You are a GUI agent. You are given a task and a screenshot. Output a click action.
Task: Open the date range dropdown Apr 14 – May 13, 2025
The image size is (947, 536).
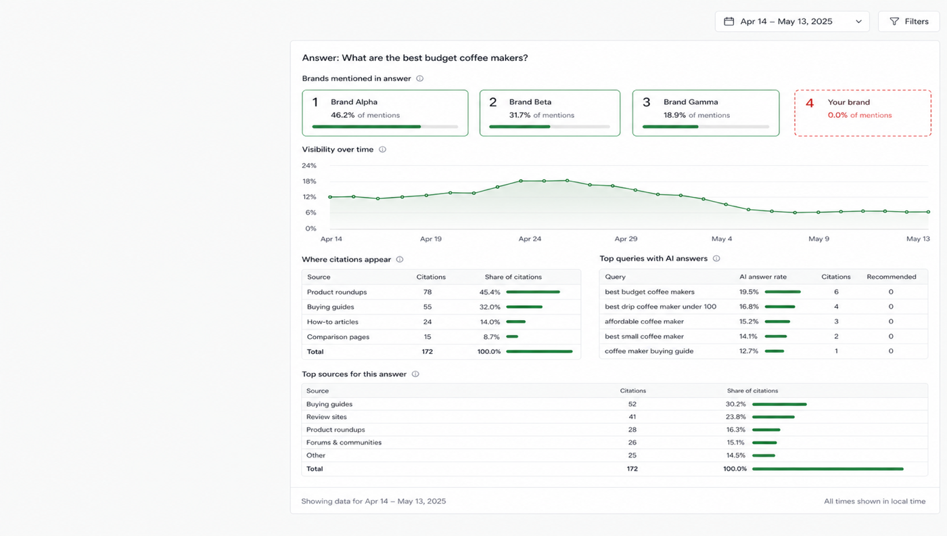(x=792, y=22)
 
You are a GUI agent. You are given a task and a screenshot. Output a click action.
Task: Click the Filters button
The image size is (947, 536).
(x=908, y=22)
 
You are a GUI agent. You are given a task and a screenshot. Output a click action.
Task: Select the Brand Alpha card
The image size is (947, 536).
(x=385, y=113)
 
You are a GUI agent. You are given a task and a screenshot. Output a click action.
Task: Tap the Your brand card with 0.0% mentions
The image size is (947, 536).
(x=862, y=113)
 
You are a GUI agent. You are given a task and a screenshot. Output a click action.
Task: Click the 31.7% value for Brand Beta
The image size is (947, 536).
(x=519, y=115)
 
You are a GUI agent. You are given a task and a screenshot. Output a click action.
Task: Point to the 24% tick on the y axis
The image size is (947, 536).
(x=309, y=165)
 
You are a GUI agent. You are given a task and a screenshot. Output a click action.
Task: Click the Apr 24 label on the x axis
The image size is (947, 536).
(x=530, y=239)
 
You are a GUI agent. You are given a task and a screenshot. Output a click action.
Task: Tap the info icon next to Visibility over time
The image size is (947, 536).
(x=382, y=150)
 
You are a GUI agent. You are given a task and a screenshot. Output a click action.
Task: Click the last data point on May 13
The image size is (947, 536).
(x=928, y=212)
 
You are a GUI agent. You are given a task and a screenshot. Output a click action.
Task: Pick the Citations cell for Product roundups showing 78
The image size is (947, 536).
(x=428, y=292)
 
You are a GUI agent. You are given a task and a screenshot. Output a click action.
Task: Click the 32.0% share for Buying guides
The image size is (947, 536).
(x=490, y=307)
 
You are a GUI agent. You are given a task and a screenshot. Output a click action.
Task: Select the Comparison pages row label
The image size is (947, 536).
(x=338, y=337)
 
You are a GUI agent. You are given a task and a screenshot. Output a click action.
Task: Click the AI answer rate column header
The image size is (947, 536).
(x=763, y=277)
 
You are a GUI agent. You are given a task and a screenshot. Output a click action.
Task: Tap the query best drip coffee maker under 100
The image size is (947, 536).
(x=660, y=307)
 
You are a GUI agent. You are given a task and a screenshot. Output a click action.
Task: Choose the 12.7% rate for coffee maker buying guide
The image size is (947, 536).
(x=749, y=351)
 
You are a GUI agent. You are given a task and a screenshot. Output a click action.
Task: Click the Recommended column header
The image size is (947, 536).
(x=892, y=277)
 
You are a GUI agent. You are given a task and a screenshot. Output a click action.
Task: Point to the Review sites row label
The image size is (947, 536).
(x=326, y=417)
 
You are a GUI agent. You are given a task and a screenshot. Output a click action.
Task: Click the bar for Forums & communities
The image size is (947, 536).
(x=764, y=443)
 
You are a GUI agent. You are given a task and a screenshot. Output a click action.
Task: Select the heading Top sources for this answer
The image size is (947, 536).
(x=354, y=374)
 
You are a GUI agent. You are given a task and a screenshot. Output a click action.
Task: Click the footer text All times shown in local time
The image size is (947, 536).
(x=875, y=501)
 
